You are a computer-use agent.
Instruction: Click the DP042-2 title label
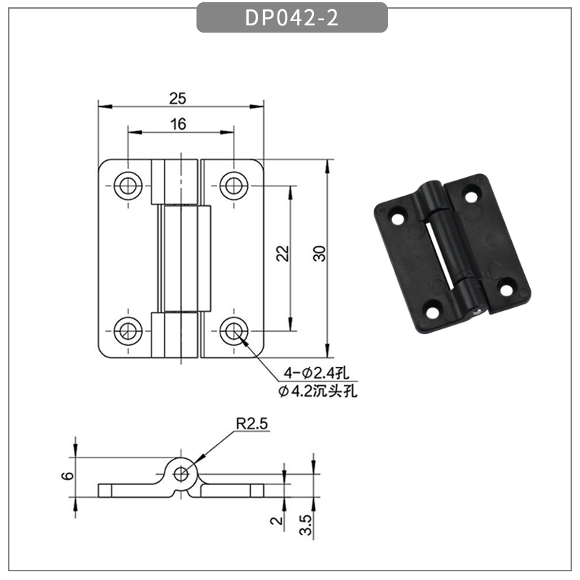pyautogui.click(x=291, y=18)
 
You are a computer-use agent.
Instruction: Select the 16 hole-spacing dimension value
pyautogui.click(x=178, y=124)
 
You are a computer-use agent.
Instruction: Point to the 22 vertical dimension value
pyautogui.click(x=283, y=252)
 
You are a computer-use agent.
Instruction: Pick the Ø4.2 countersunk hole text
pyautogui.click(x=318, y=391)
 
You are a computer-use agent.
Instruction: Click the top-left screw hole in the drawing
pyautogui.click(x=128, y=186)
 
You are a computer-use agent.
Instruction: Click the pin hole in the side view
pyautogui.click(x=181, y=474)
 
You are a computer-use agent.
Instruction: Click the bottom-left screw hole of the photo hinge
pyautogui.click(x=433, y=313)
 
